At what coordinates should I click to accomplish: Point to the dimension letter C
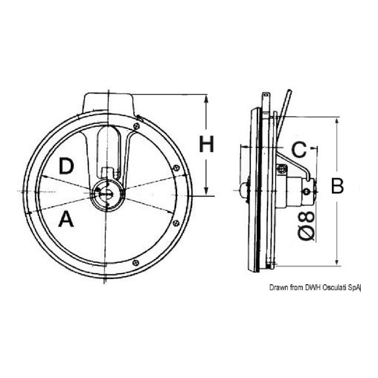point(299,150)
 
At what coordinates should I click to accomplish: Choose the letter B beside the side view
point(337,186)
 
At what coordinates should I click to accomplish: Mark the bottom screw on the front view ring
point(135,262)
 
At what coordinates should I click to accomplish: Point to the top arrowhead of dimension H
point(206,98)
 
